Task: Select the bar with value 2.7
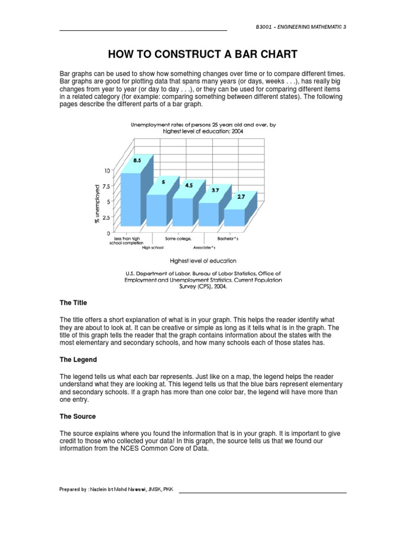235,217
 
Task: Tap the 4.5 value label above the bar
189,185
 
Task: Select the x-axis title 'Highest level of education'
202,260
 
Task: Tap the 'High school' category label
153,248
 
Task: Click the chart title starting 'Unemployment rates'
203,128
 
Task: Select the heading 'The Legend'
78,359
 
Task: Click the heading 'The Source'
77,417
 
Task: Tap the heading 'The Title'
73,303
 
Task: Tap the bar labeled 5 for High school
157,209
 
